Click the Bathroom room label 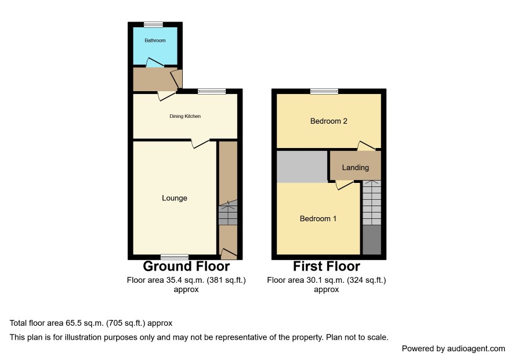155,41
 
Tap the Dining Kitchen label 185,116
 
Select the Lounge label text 175,198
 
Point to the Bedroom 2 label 329,121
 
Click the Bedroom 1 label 318,218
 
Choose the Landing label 356,168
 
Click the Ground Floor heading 186,266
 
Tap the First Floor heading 327,266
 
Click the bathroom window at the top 153,24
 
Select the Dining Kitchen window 211,91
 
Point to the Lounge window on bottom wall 175,257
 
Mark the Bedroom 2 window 324,91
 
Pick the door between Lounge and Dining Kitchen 200,143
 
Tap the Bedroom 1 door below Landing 344,185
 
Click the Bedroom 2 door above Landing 366,146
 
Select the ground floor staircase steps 228,213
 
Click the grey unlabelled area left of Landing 302,167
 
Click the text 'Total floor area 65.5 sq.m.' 57,323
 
